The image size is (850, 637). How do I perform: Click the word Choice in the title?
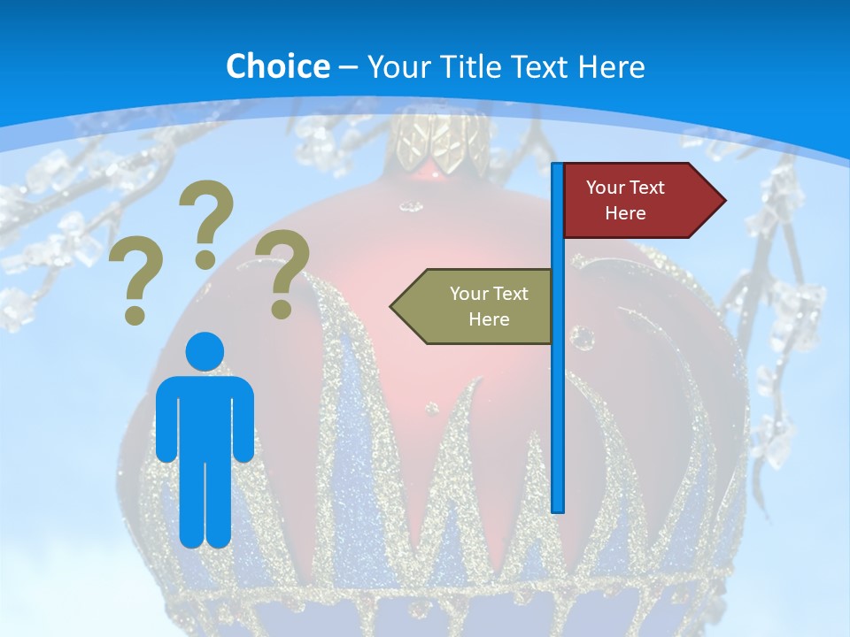coord(277,66)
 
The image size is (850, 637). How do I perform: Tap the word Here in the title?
coord(611,67)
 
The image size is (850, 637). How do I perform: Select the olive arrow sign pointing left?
coord(478,306)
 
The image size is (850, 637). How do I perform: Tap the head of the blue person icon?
coord(205,350)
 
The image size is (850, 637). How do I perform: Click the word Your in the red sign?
coord(606,188)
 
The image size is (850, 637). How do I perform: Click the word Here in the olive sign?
coord(489,319)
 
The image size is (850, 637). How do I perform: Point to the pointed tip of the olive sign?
coord(393,306)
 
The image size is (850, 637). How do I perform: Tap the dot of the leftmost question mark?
coord(135,315)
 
